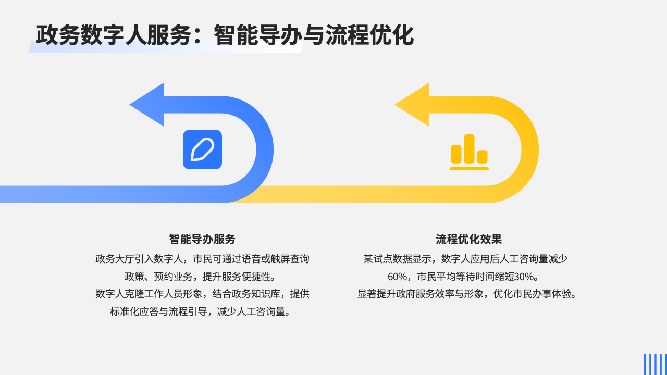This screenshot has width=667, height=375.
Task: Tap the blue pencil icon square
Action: click(202, 149)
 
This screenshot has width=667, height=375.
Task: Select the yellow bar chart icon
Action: click(469, 152)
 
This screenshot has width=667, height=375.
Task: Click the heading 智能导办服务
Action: click(202, 239)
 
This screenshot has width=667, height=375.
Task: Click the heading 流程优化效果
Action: click(469, 239)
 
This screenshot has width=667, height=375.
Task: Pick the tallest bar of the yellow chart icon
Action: click(469, 148)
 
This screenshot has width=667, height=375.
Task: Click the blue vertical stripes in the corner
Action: click(655, 364)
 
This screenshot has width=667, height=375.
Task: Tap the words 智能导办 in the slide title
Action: click(258, 35)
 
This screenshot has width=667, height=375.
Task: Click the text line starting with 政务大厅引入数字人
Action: click(202, 259)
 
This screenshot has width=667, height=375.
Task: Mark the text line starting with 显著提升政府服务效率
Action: click(467, 294)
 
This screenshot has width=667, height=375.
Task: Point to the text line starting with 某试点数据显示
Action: click(465, 259)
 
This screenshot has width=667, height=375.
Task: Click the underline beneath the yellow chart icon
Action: click(469, 169)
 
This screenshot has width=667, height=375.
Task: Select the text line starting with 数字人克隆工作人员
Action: click(202, 294)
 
